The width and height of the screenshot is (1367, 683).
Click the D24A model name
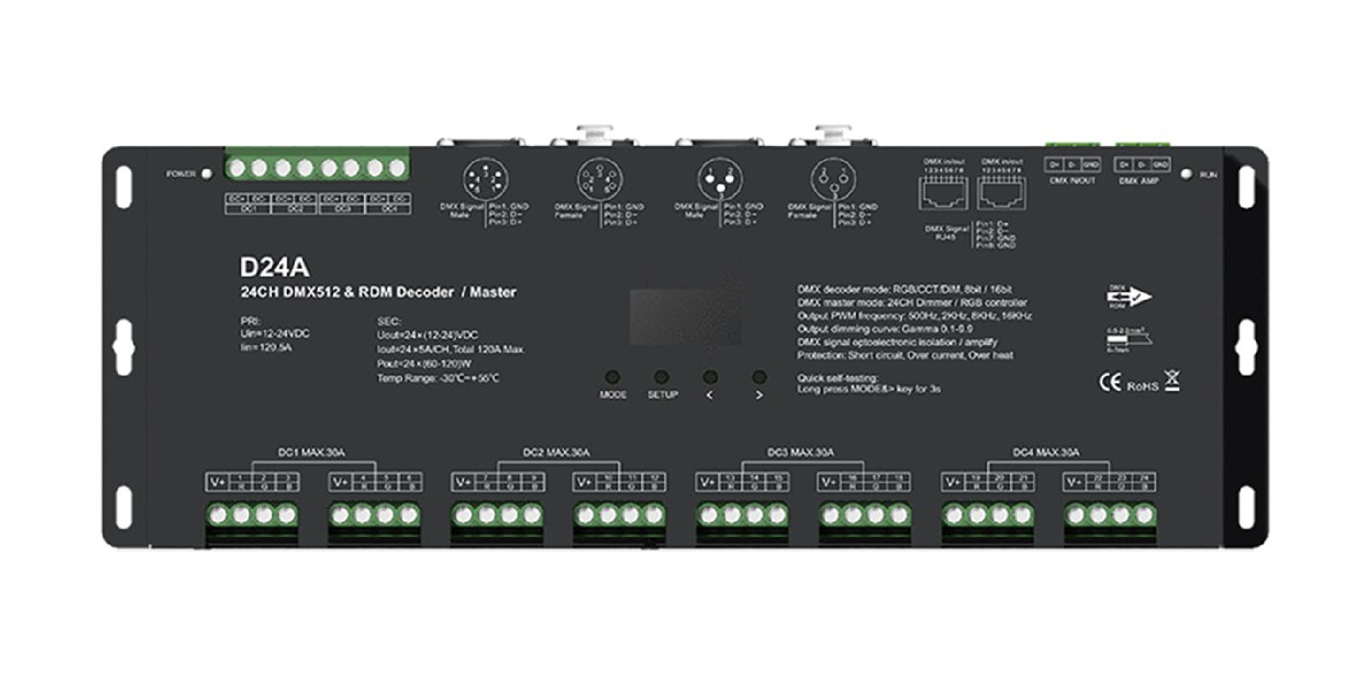[273, 267]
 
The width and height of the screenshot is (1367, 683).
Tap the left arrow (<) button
[710, 377]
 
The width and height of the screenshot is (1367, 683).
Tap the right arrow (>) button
[759, 377]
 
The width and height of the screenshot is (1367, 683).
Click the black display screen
[685, 317]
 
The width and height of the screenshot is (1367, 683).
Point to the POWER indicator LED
[206, 173]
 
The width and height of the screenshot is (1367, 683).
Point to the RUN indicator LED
[1185, 174]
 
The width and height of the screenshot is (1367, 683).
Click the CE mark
[1109, 383]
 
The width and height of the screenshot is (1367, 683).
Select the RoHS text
[1142, 387]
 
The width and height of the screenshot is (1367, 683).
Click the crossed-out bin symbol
[1172, 382]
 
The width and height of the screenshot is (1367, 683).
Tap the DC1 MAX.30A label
[312, 452]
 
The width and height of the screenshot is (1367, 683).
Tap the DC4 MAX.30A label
[1046, 452]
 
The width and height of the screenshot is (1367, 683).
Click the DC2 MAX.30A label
[556, 452]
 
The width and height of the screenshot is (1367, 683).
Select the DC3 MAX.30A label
[801, 452]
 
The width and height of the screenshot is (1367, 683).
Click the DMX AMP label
[1138, 181]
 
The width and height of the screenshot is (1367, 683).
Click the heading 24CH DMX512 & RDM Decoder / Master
[378, 292]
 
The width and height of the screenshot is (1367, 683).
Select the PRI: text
[249, 322]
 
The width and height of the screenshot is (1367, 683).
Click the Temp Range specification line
[437, 378]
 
